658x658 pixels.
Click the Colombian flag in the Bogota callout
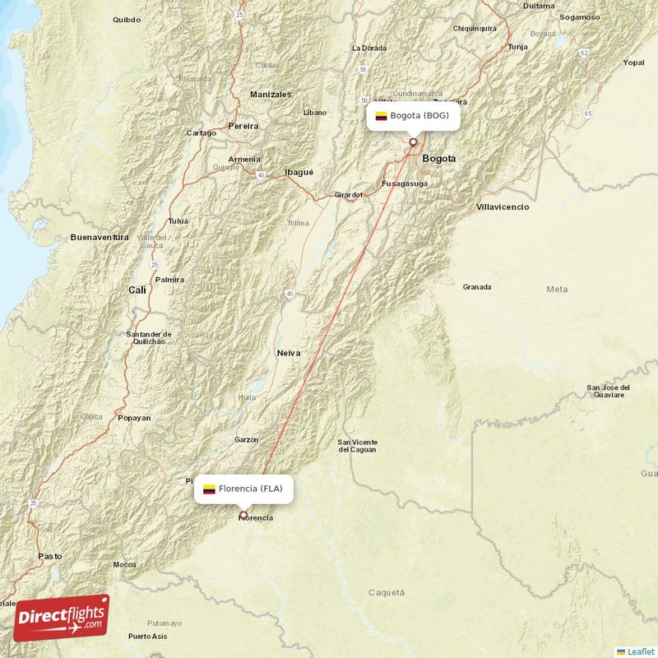(x=381, y=116)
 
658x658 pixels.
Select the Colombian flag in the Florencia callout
(x=209, y=489)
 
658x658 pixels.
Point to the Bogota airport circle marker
(x=413, y=142)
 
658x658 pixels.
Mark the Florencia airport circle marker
(x=243, y=516)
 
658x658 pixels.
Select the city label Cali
(x=137, y=290)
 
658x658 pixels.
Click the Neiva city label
(x=288, y=353)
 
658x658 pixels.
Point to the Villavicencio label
(x=503, y=207)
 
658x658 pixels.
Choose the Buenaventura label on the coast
(x=100, y=237)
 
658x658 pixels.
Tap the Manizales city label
(x=271, y=95)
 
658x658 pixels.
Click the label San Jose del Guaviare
(x=608, y=391)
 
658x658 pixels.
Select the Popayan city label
(x=134, y=418)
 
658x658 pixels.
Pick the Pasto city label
(x=49, y=557)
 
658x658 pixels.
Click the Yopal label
(x=633, y=63)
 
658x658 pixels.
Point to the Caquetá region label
(x=386, y=592)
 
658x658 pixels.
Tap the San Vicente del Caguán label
(x=357, y=446)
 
